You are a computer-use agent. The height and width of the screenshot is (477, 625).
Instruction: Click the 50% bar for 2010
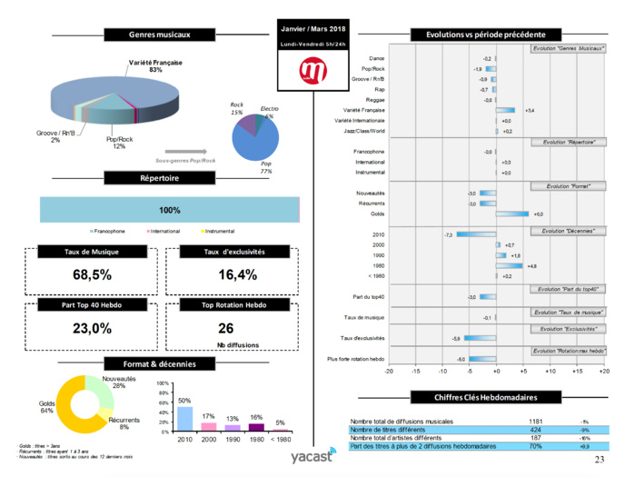tap(184, 417)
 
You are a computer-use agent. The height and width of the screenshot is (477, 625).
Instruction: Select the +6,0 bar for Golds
tap(512, 214)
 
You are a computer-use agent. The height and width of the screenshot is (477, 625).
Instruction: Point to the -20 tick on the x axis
tap(390, 371)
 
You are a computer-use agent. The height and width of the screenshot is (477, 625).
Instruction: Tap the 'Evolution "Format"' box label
tap(568, 186)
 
